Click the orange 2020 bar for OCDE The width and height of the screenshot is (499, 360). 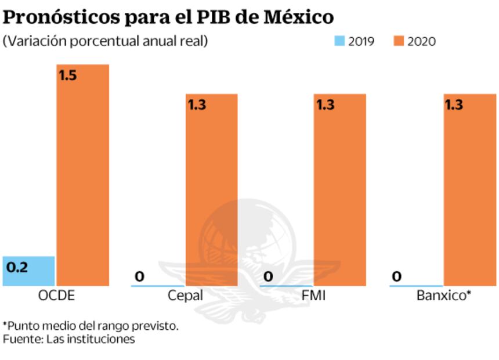[83, 174]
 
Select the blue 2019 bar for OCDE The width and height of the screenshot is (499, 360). [29, 271]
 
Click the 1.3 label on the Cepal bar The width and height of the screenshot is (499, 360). [197, 105]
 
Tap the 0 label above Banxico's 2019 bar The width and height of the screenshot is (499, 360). [397, 276]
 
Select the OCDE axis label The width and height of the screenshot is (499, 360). [56, 296]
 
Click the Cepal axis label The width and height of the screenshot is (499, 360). [185, 296]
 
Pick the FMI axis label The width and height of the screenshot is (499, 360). [314, 296]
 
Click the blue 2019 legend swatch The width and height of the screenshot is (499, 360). [339, 41]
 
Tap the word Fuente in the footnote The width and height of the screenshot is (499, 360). [19, 339]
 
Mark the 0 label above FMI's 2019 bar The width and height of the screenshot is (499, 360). [268, 276]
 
